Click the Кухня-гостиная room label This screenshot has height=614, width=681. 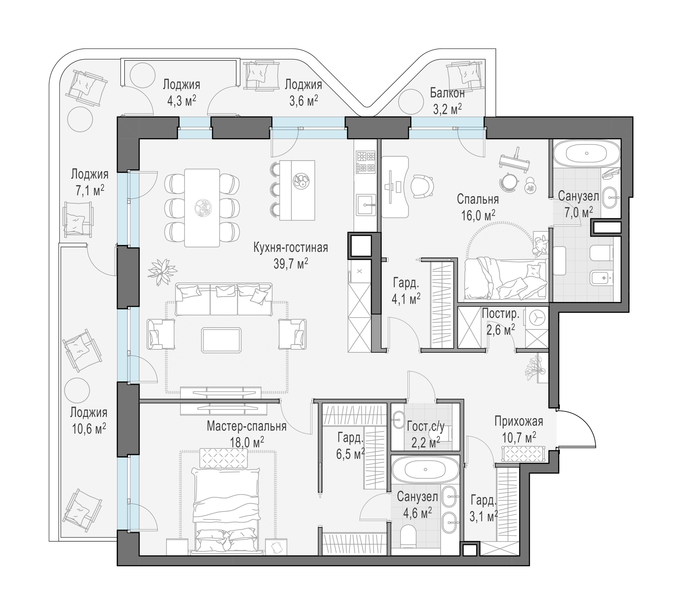291,248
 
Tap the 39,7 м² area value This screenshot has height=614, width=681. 291,264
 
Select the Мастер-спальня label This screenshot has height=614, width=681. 247,426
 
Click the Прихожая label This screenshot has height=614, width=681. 518,421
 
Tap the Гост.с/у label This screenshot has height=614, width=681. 425,426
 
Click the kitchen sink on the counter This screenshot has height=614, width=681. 366,204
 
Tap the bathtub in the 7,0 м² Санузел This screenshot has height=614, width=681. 587,153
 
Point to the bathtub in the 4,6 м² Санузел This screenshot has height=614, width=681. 425,470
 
